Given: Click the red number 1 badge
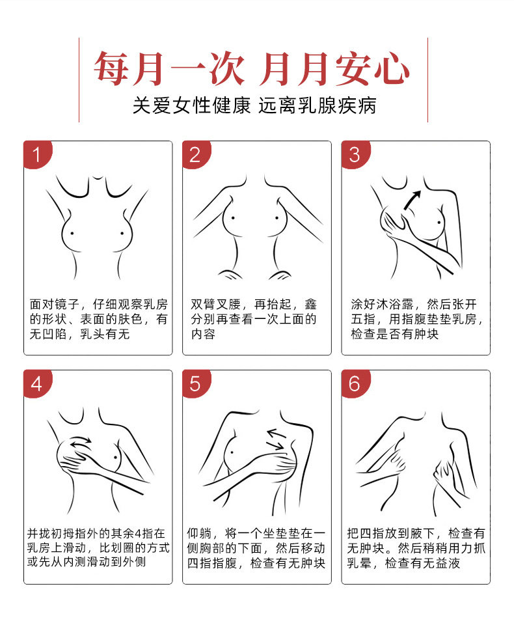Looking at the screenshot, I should click(x=36, y=155).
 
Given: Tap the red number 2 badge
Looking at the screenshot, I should click(x=195, y=155).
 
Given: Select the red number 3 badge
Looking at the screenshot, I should click(x=355, y=155).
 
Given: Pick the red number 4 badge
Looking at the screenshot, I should click(x=36, y=384).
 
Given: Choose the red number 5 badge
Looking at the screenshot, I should click(x=195, y=384).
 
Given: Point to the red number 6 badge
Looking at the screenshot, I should click(x=355, y=384).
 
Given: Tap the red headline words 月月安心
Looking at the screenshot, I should click(x=334, y=69).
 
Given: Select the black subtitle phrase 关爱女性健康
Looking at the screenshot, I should click(x=191, y=105).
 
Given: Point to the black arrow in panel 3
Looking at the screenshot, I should click(x=412, y=200).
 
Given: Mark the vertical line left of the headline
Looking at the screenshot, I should click(x=79, y=79).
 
